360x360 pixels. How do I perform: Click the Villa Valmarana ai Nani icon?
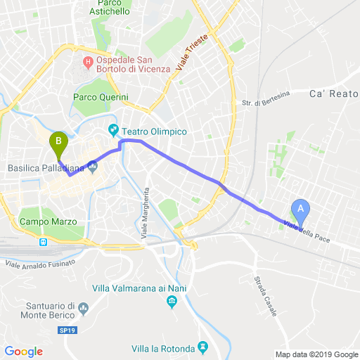(172, 302)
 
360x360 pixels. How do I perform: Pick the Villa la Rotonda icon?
(203, 347)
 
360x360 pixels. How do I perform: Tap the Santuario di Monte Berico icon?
(83, 308)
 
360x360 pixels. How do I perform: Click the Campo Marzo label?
(49, 221)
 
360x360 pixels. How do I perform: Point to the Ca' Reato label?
(334, 94)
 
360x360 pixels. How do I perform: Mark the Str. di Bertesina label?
(262, 103)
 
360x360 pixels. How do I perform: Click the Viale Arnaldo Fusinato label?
(41, 264)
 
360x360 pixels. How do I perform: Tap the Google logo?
(24, 351)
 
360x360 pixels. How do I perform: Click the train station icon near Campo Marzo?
(44, 242)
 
